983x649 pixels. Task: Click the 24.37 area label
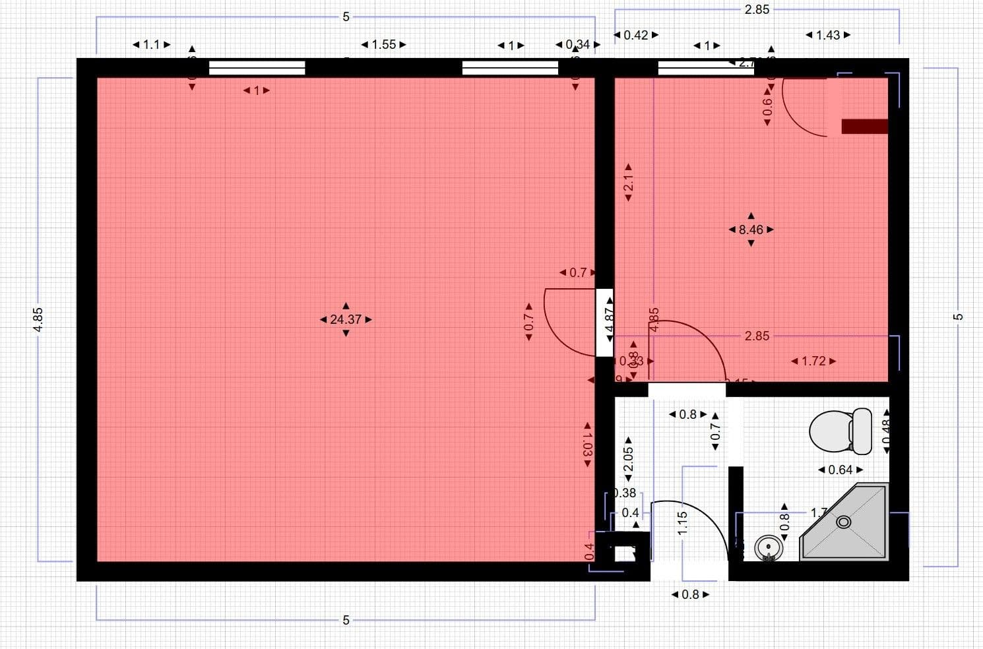coord(346,320)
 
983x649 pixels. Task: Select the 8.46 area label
coord(751,230)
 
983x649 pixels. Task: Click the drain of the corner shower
coord(844,522)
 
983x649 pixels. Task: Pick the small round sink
coord(767,547)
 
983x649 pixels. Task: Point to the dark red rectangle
coord(865,126)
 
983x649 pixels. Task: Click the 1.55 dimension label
coord(383,45)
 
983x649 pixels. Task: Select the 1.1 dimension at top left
coord(151,45)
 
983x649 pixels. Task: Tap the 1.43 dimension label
coord(828,35)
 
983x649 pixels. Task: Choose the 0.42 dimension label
coord(635,35)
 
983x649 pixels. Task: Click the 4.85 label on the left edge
coord(38,320)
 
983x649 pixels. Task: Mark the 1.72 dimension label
coord(813,361)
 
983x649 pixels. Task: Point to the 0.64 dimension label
coord(840,470)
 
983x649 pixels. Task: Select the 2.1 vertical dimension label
coord(628,183)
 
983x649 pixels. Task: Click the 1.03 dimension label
coord(587,445)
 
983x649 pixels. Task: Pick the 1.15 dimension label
coord(683,523)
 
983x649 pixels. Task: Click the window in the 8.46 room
coord(706,67)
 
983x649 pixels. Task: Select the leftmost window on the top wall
coord(257,67)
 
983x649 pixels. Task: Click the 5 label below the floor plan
coord(346,620)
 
